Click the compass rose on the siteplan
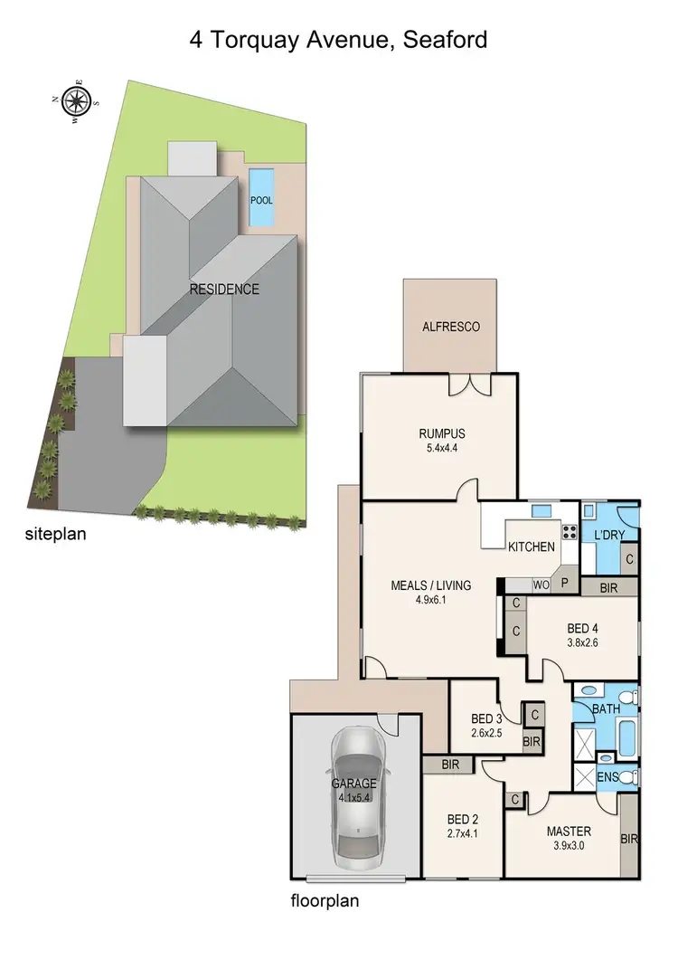coord(77,99)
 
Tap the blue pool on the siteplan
coord(261,198)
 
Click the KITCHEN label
coord(531,547)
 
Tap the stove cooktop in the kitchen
coord(570,532)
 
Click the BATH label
coord(606,708)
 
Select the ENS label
coord(608,777)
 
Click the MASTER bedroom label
coord(569,832)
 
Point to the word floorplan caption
coord(326,901)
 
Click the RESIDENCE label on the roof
coord(224,290)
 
